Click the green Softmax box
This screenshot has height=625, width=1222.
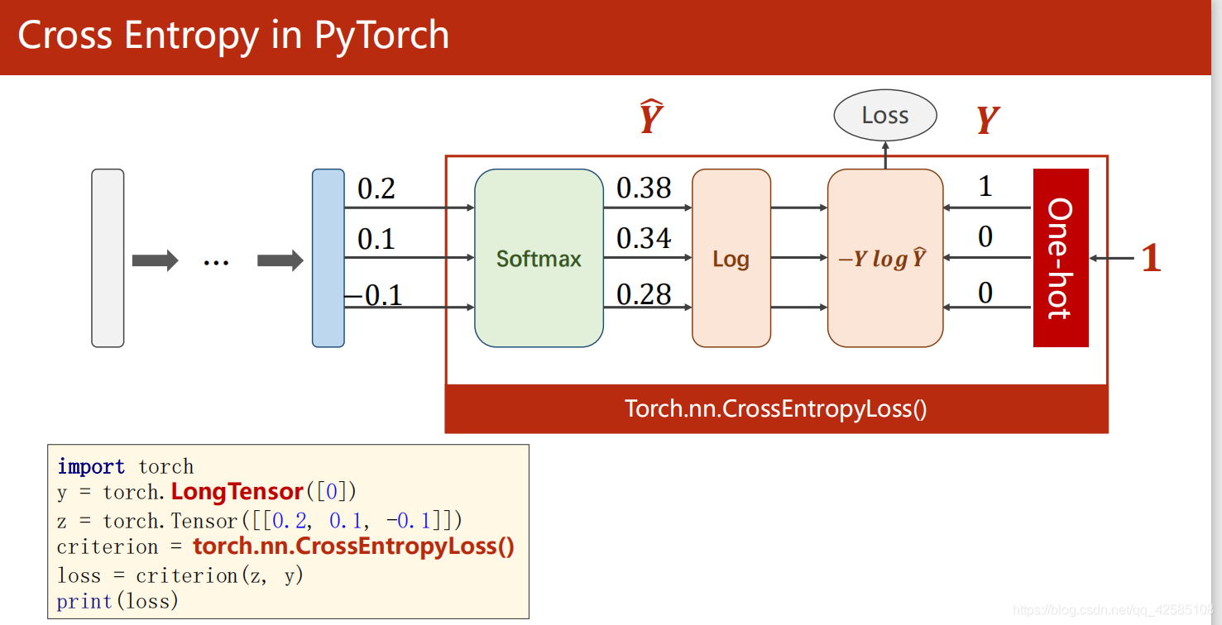coord(539,259)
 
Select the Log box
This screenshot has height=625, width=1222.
coord(731,259)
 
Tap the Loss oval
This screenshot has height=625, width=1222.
coord(884,116)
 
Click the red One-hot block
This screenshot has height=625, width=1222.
coord(1060,258)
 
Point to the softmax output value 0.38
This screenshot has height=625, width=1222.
coord(644,188)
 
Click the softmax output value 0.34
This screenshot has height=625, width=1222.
coord(644,239)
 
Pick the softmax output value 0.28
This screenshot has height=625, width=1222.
coord(644,294)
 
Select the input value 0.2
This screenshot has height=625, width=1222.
coord(376,189)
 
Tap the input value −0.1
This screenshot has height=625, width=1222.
coord(373,294)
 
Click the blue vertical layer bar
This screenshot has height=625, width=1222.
coord(328,258)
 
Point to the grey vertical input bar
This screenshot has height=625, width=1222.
coord(108,258)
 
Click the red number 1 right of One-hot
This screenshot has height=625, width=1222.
coord(1151,259)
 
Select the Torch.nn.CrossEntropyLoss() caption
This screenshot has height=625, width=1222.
coord(776,408)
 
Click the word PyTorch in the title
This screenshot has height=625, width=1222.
coord(381,36)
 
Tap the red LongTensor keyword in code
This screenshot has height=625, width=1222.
coord(237,492)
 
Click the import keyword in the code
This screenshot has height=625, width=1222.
coord(91,466)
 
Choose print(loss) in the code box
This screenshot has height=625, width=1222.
coord(117,601)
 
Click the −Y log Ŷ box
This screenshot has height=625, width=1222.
coord(884,259)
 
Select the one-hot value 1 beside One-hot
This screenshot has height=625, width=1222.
coord(985,187)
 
